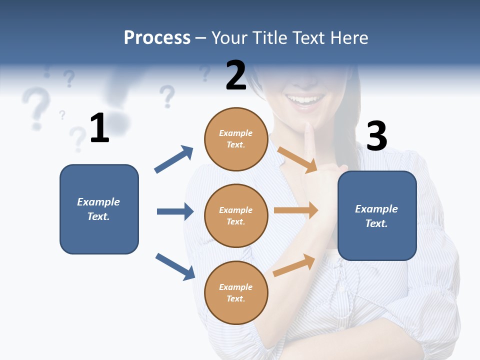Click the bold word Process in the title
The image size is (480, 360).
pos(157,38)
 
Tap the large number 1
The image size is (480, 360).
pos(99,128)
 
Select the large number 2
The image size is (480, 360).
pos(235,75)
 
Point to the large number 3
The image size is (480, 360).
pos(376,136)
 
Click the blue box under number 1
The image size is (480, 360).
pos(99,209)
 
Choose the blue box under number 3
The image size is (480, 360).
pos(377,215)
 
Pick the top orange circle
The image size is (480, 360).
pos(236,139)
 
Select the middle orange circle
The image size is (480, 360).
pos(236,215)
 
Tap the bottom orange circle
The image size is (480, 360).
pos(236,292)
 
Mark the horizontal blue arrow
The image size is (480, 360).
pos(175,211)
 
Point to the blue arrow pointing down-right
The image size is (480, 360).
pos(175,266)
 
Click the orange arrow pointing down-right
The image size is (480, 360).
pos(297,159)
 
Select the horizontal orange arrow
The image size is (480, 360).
pos(295,210)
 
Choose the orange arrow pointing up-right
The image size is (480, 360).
pos(294,265)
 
